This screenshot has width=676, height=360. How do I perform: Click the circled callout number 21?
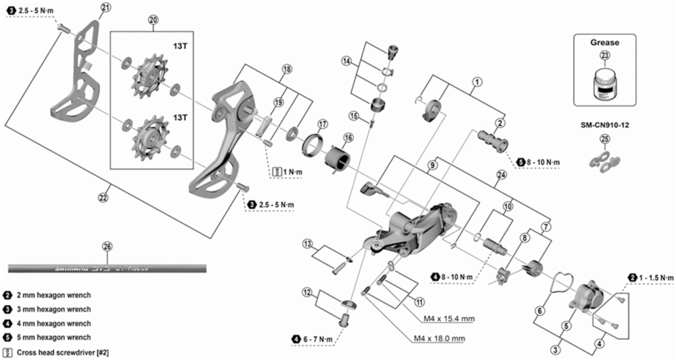[106, 7]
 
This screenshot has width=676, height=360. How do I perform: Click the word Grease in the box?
[605, 43]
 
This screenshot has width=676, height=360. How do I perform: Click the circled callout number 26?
[107, 247]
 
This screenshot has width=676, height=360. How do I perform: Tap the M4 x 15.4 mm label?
[449, 319]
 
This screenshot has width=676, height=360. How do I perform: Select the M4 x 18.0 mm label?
[439, 339]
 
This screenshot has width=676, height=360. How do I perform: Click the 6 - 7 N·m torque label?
[317, 340]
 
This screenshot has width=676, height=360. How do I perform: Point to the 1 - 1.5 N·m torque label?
[656, 278]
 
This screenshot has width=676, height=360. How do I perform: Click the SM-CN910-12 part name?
[605, 125]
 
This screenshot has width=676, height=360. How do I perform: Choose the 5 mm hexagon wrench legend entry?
[54, 337]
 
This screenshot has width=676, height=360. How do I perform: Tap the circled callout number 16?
[348, 138]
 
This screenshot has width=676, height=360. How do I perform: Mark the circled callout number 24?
[501, 175]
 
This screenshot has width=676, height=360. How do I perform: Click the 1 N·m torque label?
[292, 172]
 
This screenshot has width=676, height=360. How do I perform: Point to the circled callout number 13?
[307, 244]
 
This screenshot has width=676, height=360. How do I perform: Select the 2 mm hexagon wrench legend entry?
[54, 295]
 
